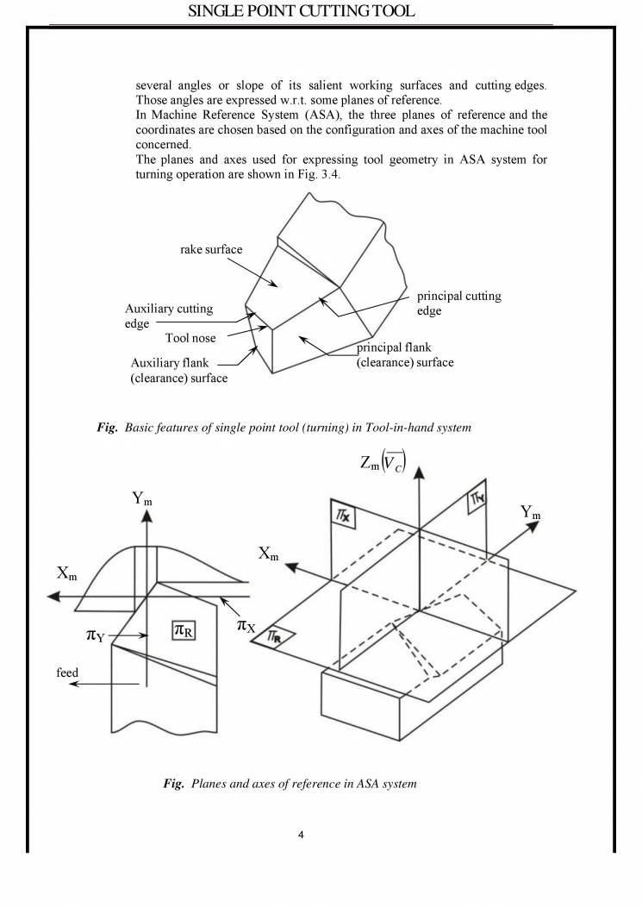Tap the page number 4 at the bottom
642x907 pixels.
coord(302,835)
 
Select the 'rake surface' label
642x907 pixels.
coord(211,250)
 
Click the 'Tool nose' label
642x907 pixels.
coord(190,338)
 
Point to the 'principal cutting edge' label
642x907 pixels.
coord(458,303)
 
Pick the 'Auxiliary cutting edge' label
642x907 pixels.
coord(169,316)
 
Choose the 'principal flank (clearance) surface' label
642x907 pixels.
coord(405,355)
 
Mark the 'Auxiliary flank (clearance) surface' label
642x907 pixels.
coord(179,370)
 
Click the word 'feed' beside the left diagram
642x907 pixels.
coord(68,672)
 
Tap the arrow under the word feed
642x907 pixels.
coord(104,685)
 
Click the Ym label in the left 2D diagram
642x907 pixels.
coord(144,497)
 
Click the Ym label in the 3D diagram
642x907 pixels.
coord(531,513)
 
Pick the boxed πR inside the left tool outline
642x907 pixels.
coord(184,630)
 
